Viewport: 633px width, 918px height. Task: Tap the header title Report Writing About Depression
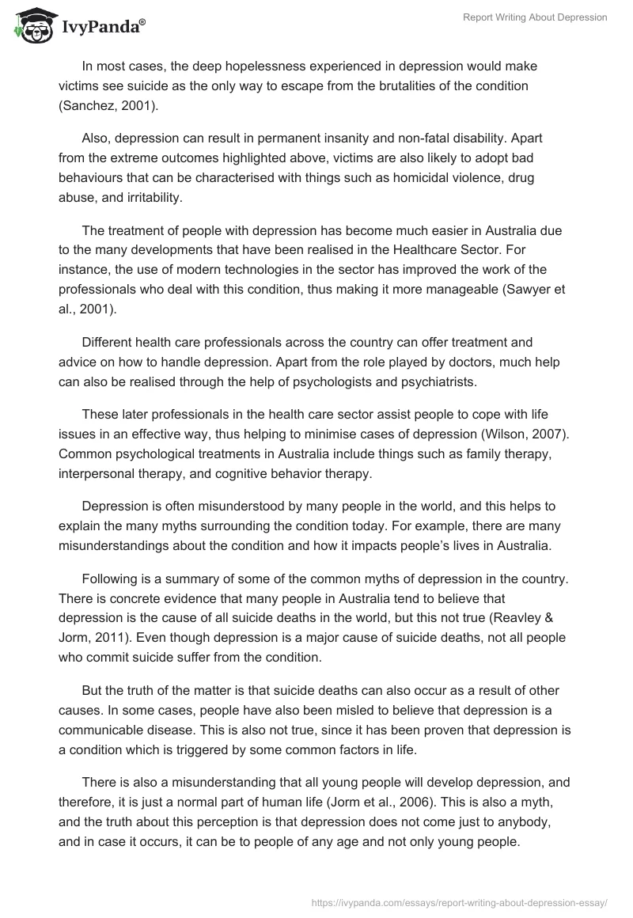(x=536, y=17)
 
